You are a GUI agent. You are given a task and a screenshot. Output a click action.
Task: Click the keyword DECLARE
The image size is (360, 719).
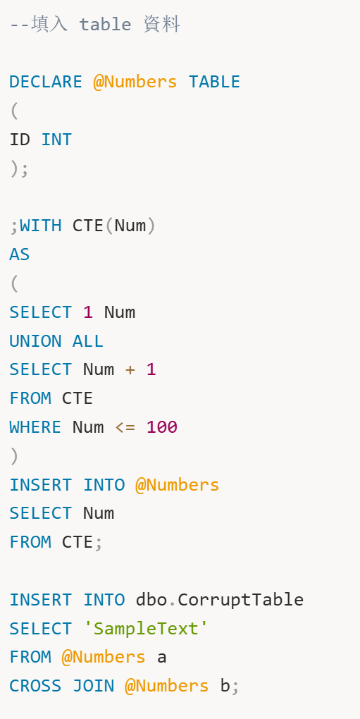tap(46, 82)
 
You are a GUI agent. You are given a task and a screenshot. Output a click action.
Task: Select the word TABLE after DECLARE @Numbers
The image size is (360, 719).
tap(214, 82)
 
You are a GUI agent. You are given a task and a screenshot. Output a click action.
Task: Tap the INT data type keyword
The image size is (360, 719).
tap(56, 140)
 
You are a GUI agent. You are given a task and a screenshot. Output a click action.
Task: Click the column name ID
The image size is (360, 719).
tap(20, 140)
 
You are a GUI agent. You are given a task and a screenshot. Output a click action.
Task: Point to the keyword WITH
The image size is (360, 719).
tap(41, 226)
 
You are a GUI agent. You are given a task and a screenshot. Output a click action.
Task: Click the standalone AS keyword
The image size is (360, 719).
tap(20, 254)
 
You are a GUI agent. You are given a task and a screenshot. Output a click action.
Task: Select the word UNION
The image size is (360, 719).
tap(36, 341)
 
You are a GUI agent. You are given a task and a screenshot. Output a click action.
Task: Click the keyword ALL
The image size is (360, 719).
tap(88, 341)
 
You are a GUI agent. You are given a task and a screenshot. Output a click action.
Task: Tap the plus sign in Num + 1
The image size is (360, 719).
tap(130, 369)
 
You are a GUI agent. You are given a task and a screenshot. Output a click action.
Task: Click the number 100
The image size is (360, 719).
tap(161, 427)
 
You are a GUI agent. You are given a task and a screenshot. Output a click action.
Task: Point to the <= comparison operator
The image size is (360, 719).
tap(125, 427)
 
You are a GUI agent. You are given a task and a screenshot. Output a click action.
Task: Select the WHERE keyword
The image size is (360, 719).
tap(35, 427)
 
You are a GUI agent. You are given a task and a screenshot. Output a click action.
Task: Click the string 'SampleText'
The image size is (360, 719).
tap(146, 628)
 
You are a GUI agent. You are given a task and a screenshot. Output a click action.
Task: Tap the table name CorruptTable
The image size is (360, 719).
tap(240, 600)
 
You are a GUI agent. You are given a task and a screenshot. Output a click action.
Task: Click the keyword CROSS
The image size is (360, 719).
tap(35, 686)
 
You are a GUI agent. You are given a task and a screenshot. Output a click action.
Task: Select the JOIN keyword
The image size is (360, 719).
tap(94, 686)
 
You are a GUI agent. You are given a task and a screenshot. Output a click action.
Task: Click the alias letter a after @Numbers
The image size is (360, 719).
tap(161, 658)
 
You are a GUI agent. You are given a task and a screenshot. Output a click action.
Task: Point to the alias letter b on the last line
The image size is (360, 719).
tap(225, 686)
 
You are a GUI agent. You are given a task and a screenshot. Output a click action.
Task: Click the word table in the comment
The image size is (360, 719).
tap(106, 24)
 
